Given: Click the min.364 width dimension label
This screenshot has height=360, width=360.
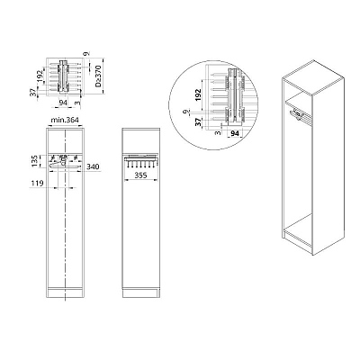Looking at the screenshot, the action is tap(65, 120).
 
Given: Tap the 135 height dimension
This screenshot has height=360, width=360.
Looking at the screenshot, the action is tap(35, 161).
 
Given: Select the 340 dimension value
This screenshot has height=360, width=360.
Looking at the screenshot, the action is tap(93, 166).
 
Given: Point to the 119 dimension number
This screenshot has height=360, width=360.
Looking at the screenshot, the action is tap(38, 183).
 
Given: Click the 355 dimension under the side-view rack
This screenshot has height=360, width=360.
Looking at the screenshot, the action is tap(140, 175).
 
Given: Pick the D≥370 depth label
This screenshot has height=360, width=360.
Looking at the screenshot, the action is tap(99, 76).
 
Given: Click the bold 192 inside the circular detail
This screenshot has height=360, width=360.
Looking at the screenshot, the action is tap(198, 95).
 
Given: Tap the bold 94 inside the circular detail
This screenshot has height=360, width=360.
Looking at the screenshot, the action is tap(235, 133).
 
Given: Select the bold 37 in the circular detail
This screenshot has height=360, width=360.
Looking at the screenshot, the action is tap(198, 122).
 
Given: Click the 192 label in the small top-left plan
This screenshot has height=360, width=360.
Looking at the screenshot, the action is tap(40, 76).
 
